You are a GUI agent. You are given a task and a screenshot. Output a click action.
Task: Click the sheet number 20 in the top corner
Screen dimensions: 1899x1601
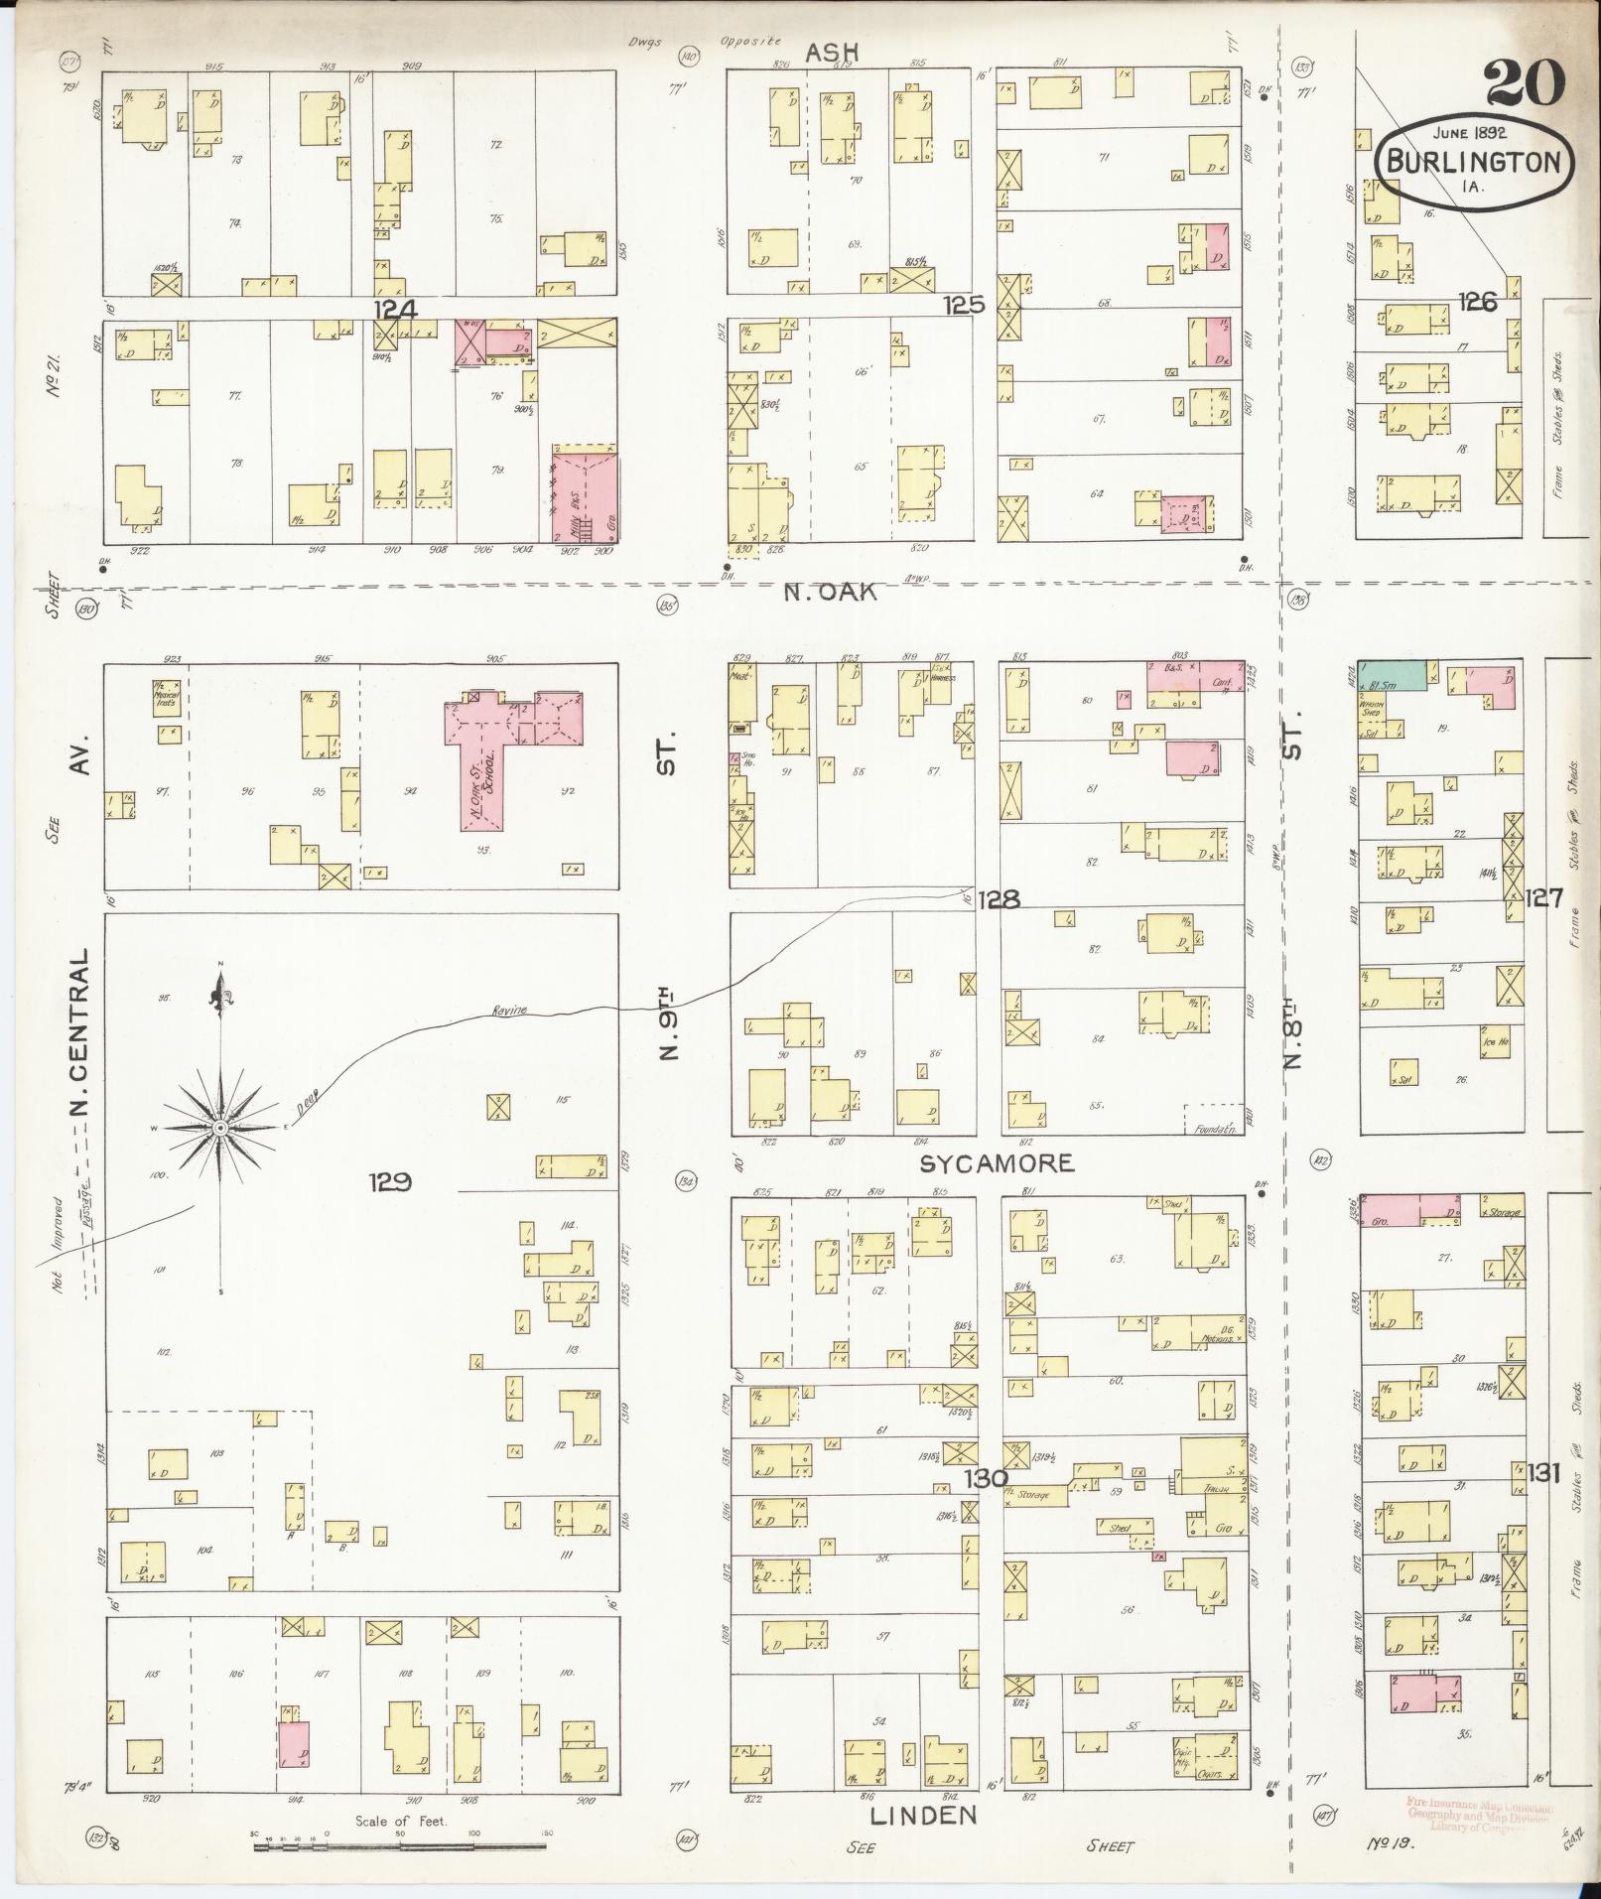(x=1525, y=82)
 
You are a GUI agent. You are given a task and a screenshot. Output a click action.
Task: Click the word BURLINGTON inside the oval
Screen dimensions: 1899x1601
(x=1474, y=163)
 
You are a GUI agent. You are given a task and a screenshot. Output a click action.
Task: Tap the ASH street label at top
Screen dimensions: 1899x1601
(x=831, y=52)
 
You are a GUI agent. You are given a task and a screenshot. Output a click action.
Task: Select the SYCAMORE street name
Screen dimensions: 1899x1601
(x=997, y=1162)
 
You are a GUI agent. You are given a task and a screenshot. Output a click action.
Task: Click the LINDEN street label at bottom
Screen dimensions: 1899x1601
(x=923, y=1816)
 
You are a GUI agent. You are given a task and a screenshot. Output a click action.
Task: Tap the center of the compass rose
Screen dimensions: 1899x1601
(x=220, y=1129)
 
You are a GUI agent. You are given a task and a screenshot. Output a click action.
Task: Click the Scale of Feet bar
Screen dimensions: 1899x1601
(x=400, y=1846)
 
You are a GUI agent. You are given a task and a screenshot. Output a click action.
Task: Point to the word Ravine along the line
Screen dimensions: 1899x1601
(x=509, y=1012)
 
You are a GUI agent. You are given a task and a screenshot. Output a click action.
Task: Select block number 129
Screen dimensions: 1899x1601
(x=390, y=1181)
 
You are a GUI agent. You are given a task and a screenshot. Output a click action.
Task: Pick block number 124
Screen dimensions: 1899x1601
(x=395, y=310)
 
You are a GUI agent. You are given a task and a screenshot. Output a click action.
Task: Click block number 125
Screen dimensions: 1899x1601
(x=963, y=305)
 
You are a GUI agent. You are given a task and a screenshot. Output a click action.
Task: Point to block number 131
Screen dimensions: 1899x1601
(x=1544, y=1472)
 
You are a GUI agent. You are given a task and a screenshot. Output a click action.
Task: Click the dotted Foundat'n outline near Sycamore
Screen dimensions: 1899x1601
(x=1214, y=1118)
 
